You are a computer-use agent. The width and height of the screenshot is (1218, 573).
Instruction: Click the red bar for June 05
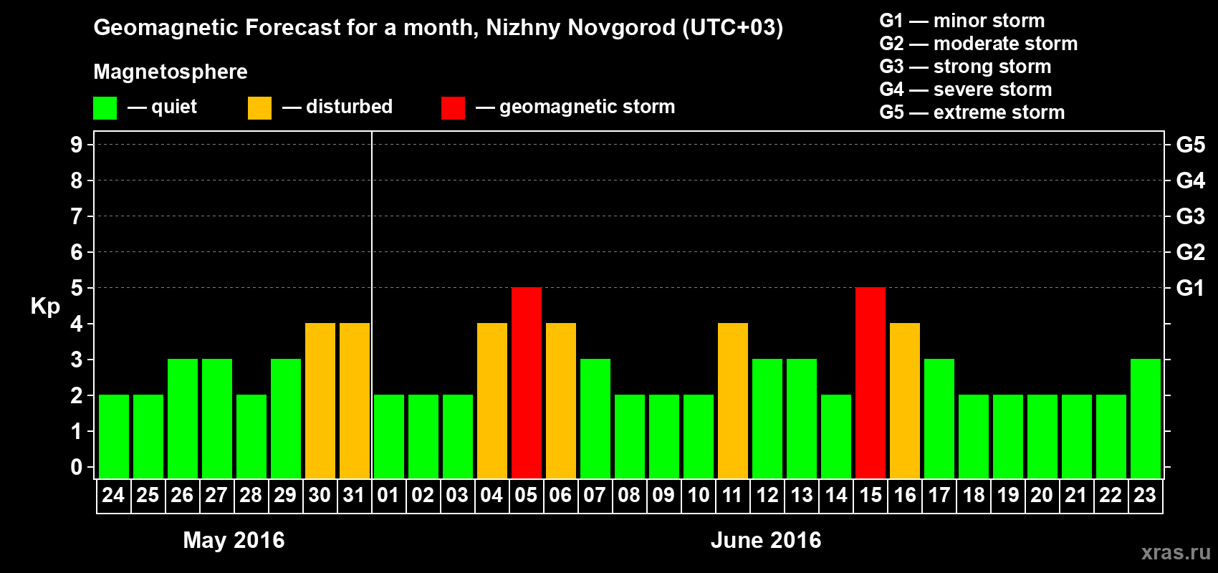(x=527, y=382)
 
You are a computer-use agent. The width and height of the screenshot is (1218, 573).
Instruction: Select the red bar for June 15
(x=871, y=382)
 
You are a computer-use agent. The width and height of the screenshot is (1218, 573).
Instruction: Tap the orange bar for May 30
(x=320, y=400)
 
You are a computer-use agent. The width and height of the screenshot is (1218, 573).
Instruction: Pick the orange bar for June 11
(x=733, y=400)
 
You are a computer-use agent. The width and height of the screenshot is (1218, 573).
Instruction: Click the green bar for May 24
(x=114, y=436)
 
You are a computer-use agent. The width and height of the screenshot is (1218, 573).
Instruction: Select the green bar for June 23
(x=1146, y=418)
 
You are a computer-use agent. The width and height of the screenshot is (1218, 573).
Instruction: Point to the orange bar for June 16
(x=905, y=400)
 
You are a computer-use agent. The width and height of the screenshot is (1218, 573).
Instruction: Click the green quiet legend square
(x=105, y=108)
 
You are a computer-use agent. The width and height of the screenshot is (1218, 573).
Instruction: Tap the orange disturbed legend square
(x=259, y=108)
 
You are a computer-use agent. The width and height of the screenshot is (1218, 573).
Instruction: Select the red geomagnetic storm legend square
(x=453, y=108)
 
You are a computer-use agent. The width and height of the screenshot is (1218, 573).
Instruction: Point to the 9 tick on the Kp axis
(x=77, y=145)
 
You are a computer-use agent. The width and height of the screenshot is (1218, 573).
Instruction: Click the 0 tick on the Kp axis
(x=77, y=467)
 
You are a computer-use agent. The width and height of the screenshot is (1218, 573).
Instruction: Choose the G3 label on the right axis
(x=1190, y=216)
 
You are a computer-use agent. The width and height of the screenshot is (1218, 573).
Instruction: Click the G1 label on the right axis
(x=1190, y=288)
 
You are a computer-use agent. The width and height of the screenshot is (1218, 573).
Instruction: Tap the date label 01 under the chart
(x=388, y=495)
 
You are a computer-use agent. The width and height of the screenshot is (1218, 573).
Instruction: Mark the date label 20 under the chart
(x=1042, y=495)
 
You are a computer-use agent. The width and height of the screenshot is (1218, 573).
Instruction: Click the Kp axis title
(x=45, y=306)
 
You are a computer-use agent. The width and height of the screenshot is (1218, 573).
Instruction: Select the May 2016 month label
(x=234, y=540)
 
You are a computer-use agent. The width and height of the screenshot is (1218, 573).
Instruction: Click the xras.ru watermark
(x=1176, y=552)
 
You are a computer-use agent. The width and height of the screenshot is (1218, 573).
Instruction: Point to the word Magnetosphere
(x=171, y=72)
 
